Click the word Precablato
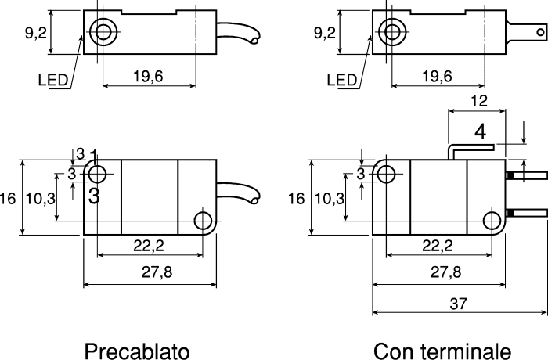point(137,351)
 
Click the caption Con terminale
point(442,351)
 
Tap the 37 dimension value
point(458,304)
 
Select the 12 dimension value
point(479,101)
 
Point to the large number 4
point(481,132)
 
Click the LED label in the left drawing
point(52,81)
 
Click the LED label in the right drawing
point(342,81)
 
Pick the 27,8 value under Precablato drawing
point(157,272)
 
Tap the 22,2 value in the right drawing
point(438,246)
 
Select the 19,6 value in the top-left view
point(148,76)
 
